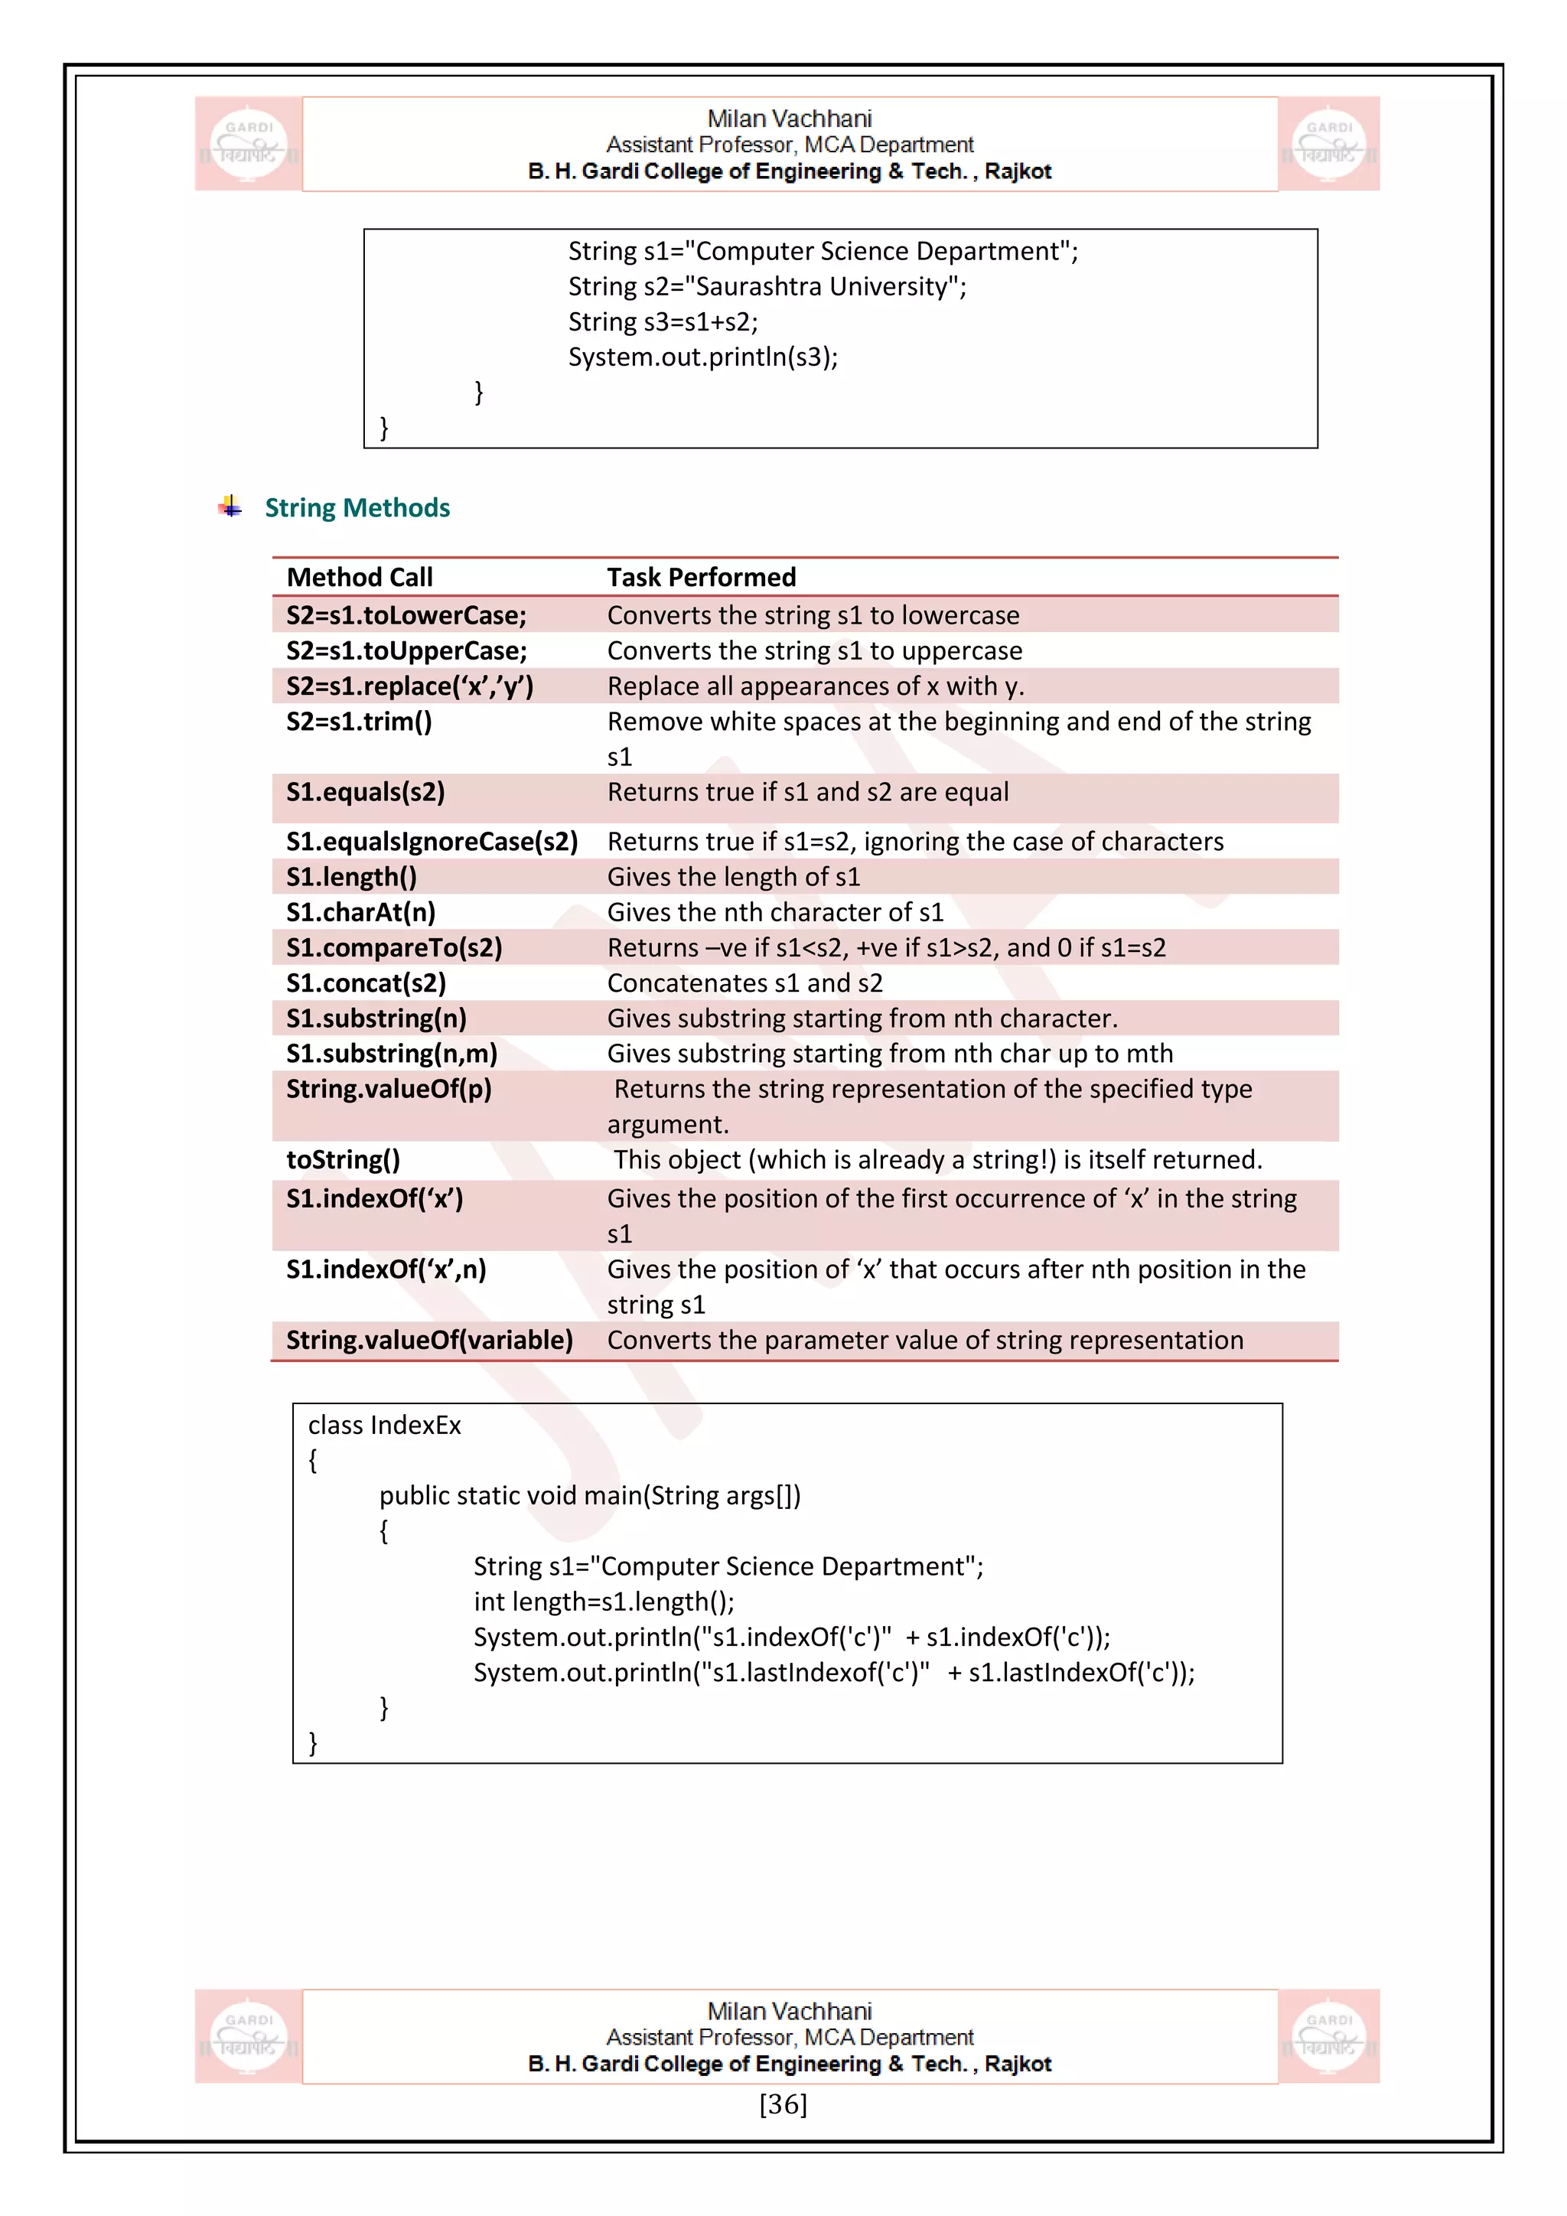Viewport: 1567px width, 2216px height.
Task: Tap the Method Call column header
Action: click(360, 577)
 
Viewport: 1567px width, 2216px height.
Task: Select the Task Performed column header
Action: click(702, 577)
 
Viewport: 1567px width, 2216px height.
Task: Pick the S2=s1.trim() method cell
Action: click(359, 722)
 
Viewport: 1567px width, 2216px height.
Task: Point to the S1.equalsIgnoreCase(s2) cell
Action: click(432, 842)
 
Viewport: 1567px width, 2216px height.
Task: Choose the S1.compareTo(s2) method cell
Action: click(394, 948)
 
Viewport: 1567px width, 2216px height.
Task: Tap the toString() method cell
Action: click(343, 1160)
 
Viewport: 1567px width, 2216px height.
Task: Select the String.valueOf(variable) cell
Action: click(429, 1341)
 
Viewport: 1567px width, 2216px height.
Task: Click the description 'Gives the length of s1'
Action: click(733, 878)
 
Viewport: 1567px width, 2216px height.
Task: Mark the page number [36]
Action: click(783, 2104)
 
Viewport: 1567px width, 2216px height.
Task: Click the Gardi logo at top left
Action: click(249, 144)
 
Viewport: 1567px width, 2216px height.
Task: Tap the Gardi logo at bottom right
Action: click(1329, 2036)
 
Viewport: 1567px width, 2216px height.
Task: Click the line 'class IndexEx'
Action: click(384, 1426)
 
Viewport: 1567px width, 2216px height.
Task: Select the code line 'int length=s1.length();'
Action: click(604, 1602)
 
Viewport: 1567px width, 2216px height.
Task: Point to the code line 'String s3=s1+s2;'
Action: click(663, 322)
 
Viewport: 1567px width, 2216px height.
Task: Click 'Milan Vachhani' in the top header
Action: click(790, 119)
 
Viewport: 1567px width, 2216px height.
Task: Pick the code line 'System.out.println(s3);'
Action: click(702, 357)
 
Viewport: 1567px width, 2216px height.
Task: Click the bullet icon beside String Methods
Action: click(230, 507)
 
